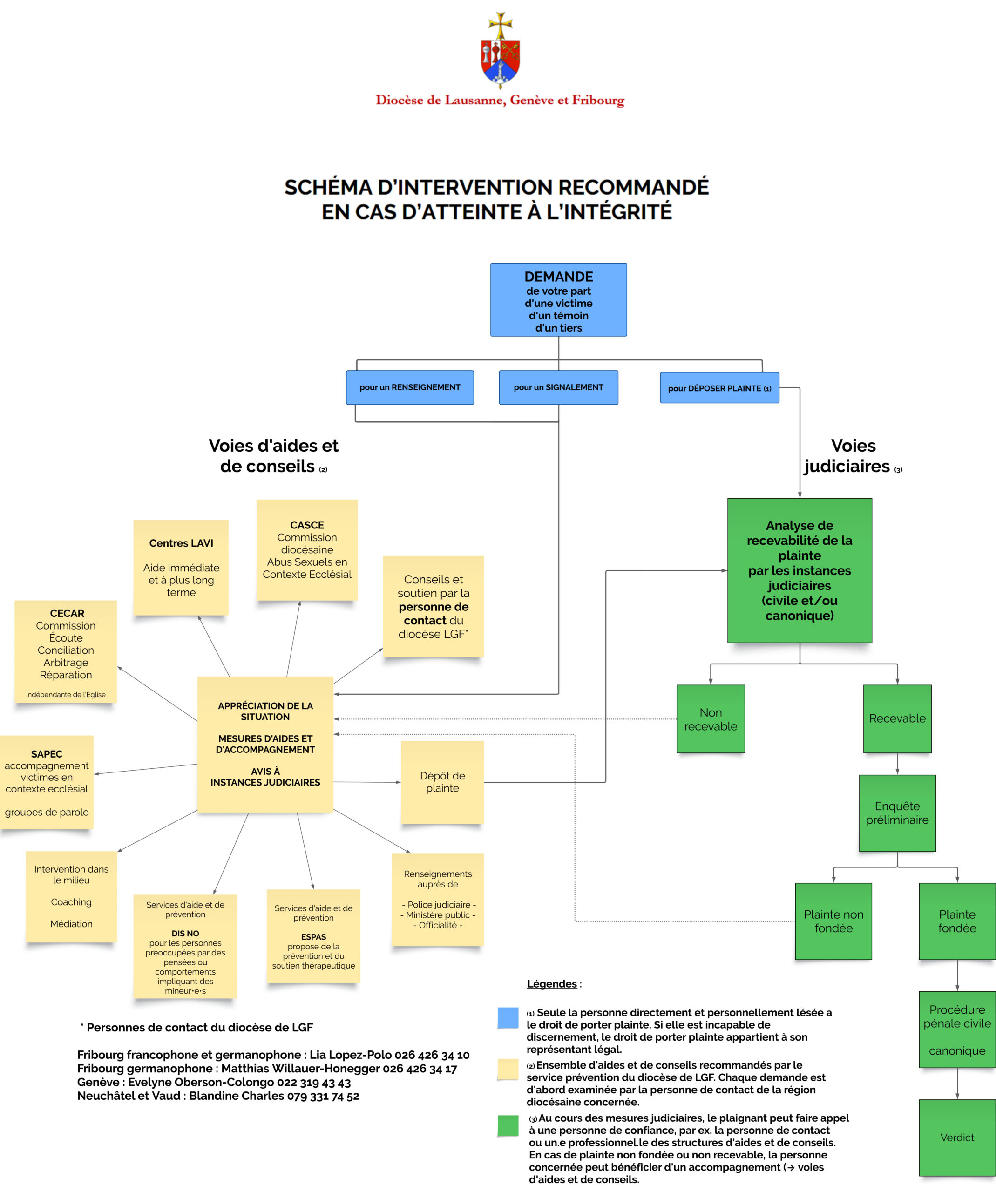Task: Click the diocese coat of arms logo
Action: point(500,51)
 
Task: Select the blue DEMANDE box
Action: point(558,300)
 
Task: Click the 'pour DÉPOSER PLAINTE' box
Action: point(719,388)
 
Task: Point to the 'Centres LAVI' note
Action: point(181,567)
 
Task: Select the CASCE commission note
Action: point(307,549)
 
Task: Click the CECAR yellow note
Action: point(66,651)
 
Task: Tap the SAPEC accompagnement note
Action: point(47,782)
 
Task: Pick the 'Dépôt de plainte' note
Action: point(442,782)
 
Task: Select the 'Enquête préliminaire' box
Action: point(897,813)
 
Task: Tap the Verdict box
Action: point(957,1137)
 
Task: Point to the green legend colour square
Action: point(508,1125)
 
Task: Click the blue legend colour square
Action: point(508,1018)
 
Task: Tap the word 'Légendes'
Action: point(552,984)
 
